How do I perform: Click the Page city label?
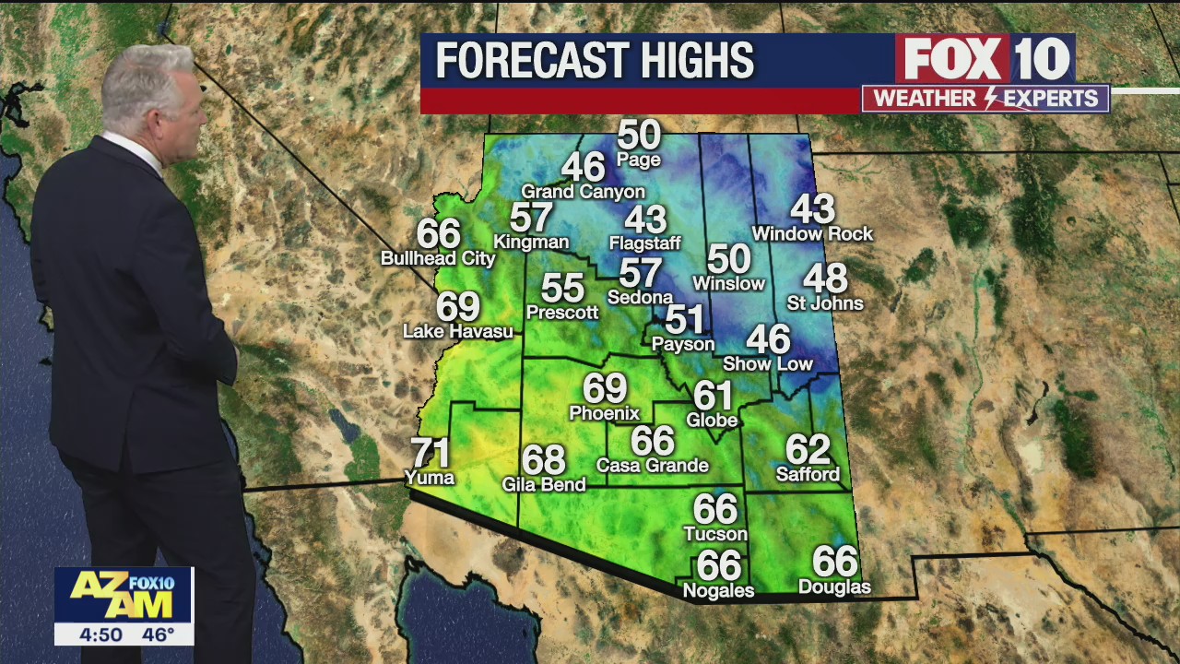[x=639, y=160]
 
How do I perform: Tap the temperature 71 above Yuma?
[x=430, y=453]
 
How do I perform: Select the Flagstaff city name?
[x=645, y=243]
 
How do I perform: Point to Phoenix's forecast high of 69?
[x=605, y=388]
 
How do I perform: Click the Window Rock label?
[x=812, y=234]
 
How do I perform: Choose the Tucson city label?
[x=715, y=534]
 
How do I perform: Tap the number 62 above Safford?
[x=808, y=450]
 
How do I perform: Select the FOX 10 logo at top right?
[x=985, y=59]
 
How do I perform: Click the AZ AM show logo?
[x=124, y=595]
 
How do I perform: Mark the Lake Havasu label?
[x=458, y=331]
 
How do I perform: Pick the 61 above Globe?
[x=713, y=396]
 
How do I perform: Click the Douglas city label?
[x=834, y=587]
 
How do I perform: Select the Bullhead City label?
[x=438, y=259]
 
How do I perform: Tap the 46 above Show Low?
[x=768, y=339]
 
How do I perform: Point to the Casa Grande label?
[x=653, y=466]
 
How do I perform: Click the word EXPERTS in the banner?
[x=1054, y=99]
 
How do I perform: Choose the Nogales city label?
[x=718, y=590]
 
